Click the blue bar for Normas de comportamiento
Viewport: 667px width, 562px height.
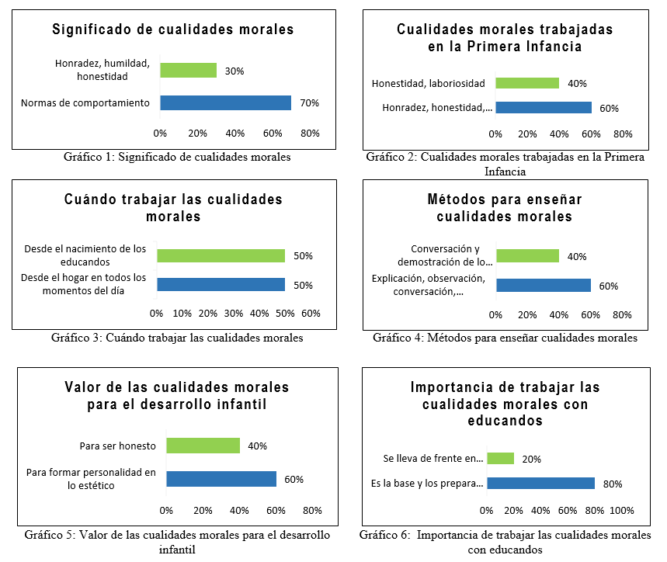coord(225,103)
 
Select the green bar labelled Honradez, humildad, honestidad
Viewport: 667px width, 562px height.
coord(188,71)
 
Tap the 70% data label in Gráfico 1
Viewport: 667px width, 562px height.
coord(310,103)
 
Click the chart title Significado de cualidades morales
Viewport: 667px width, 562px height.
coord(173,29)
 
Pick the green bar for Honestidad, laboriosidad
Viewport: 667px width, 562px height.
coord(526,83)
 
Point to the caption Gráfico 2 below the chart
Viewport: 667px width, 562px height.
coord(505,164)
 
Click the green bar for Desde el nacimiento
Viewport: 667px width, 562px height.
coord(221,256)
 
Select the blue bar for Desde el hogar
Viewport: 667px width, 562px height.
coord(221,285)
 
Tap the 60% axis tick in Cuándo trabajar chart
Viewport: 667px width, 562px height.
coord(311,314)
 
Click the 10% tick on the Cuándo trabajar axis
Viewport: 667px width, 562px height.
coord(182,314)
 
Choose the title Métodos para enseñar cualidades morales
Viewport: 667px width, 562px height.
coord(505,208)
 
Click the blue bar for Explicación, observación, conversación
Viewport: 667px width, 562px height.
coord(543,286)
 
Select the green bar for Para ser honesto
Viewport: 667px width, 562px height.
coord(203,446)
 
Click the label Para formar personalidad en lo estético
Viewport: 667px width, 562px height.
coord(92,478)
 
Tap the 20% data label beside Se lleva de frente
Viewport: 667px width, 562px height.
coord(532,459)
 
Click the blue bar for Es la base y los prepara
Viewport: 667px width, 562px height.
coord(540,484)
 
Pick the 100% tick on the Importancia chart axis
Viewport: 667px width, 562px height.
coord(622,511)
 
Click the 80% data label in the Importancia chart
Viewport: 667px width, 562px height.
coord(613,484)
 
